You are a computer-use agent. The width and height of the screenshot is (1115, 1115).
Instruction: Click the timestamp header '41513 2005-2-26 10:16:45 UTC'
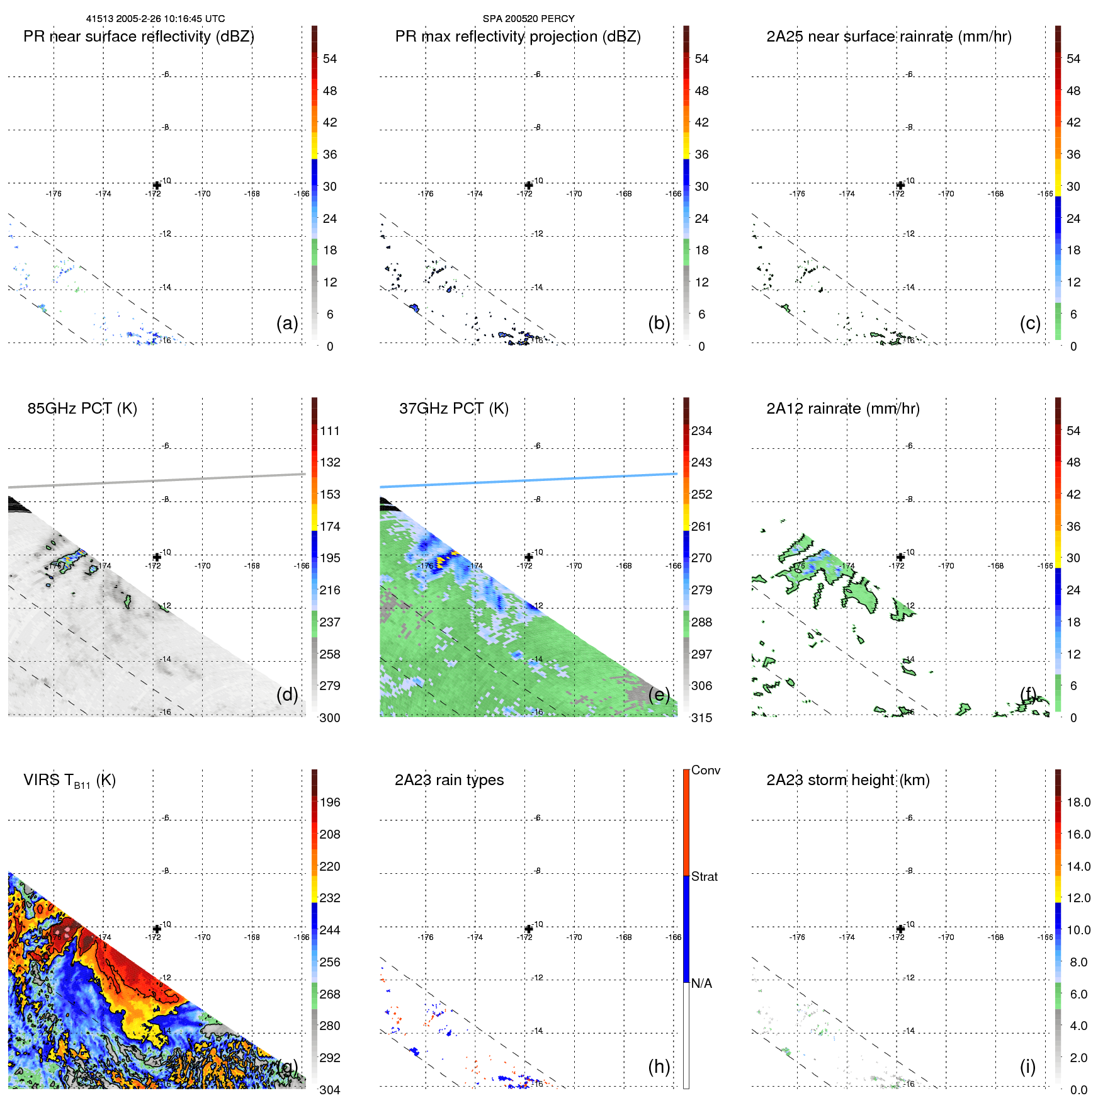156,19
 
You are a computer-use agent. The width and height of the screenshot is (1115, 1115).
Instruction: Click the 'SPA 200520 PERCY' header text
528,19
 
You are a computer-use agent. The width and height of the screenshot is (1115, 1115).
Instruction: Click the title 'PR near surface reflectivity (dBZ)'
139,37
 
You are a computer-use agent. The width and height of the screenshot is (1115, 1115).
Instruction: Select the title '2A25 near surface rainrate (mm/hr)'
888,37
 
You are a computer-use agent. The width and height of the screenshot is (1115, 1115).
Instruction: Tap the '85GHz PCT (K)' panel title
82,409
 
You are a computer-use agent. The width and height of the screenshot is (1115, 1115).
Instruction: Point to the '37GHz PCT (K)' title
453,409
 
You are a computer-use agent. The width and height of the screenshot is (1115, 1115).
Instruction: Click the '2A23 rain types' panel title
449,780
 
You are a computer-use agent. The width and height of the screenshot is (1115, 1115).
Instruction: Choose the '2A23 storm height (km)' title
847,780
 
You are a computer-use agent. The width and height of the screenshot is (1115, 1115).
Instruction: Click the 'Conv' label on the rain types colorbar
705,770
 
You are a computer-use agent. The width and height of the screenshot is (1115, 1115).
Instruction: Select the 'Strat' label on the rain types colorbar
704,876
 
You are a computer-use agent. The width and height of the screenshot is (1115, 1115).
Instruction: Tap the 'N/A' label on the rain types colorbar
701,983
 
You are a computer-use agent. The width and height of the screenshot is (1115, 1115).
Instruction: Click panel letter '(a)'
287,323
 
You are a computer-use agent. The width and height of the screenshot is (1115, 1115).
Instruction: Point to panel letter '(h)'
659,1067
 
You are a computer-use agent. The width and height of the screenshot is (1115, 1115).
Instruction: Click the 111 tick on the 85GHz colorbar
329,431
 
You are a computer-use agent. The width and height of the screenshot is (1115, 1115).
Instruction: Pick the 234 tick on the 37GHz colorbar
701,431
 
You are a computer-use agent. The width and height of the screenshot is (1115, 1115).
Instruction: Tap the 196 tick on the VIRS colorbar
329,802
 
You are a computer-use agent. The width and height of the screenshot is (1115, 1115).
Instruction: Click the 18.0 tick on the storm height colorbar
1078,802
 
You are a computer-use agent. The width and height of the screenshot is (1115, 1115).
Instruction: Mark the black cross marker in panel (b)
529,185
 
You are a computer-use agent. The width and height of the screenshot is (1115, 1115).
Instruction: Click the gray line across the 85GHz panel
157,480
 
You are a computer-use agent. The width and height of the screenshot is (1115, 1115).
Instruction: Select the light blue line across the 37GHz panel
528,480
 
